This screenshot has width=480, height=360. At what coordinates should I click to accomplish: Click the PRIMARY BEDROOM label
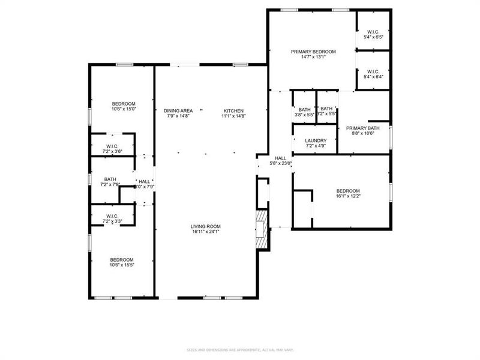[x=313, y=52]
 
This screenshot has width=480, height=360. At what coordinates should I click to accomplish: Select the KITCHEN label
[x=233, y=110]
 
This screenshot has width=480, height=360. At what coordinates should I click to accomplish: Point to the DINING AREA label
[x=178, y=110]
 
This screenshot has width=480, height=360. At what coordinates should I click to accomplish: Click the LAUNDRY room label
[x=316, y=140]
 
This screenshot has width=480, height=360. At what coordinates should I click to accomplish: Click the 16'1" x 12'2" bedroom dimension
[x=348, y=196]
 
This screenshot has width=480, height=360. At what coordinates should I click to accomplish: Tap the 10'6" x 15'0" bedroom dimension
[x=124, y=109]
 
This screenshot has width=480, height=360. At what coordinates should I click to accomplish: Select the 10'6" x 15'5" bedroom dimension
[x=122, y=265]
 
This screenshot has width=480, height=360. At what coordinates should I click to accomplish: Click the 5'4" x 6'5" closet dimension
[x=373, y=37]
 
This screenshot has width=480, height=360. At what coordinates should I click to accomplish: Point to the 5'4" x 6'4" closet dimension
[x=373, y=76]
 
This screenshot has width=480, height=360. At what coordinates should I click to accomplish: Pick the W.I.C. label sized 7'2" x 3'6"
[x=112, y=146]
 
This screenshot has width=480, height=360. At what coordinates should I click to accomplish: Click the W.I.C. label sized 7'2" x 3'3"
[x=112, y=216]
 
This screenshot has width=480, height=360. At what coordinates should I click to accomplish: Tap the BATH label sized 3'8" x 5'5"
[x=304, y=109]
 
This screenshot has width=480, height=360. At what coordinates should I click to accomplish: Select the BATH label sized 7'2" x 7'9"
[x=110, y=179]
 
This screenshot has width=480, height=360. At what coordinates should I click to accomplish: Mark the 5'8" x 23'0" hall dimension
[x=280, y=163]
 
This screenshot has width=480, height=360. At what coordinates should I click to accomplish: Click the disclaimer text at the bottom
[x=240, y=350]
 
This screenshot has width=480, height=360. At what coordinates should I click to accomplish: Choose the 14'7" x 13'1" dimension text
[x=313, y=58]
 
